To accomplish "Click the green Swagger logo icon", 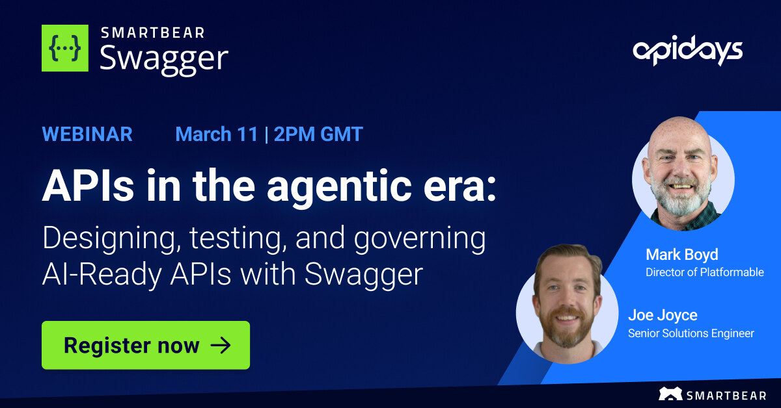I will (x=65, y=48).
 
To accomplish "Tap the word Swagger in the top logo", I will (x=163, y=58).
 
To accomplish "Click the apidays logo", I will (x=687, y=51).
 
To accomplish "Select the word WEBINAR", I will (x=87, y=134).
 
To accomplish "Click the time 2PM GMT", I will (x=318, y=134).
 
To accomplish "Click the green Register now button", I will (x=146, y=345).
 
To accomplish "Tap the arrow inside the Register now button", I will (x=221, y=345).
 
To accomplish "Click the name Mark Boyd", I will (x=681, y=255).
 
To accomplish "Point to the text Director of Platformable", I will (x=704, y=272).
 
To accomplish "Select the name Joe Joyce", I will (x=662, y=316).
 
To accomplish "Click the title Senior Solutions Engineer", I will (x=691, y=333).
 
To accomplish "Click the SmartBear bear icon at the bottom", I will (x=670, y=394).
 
